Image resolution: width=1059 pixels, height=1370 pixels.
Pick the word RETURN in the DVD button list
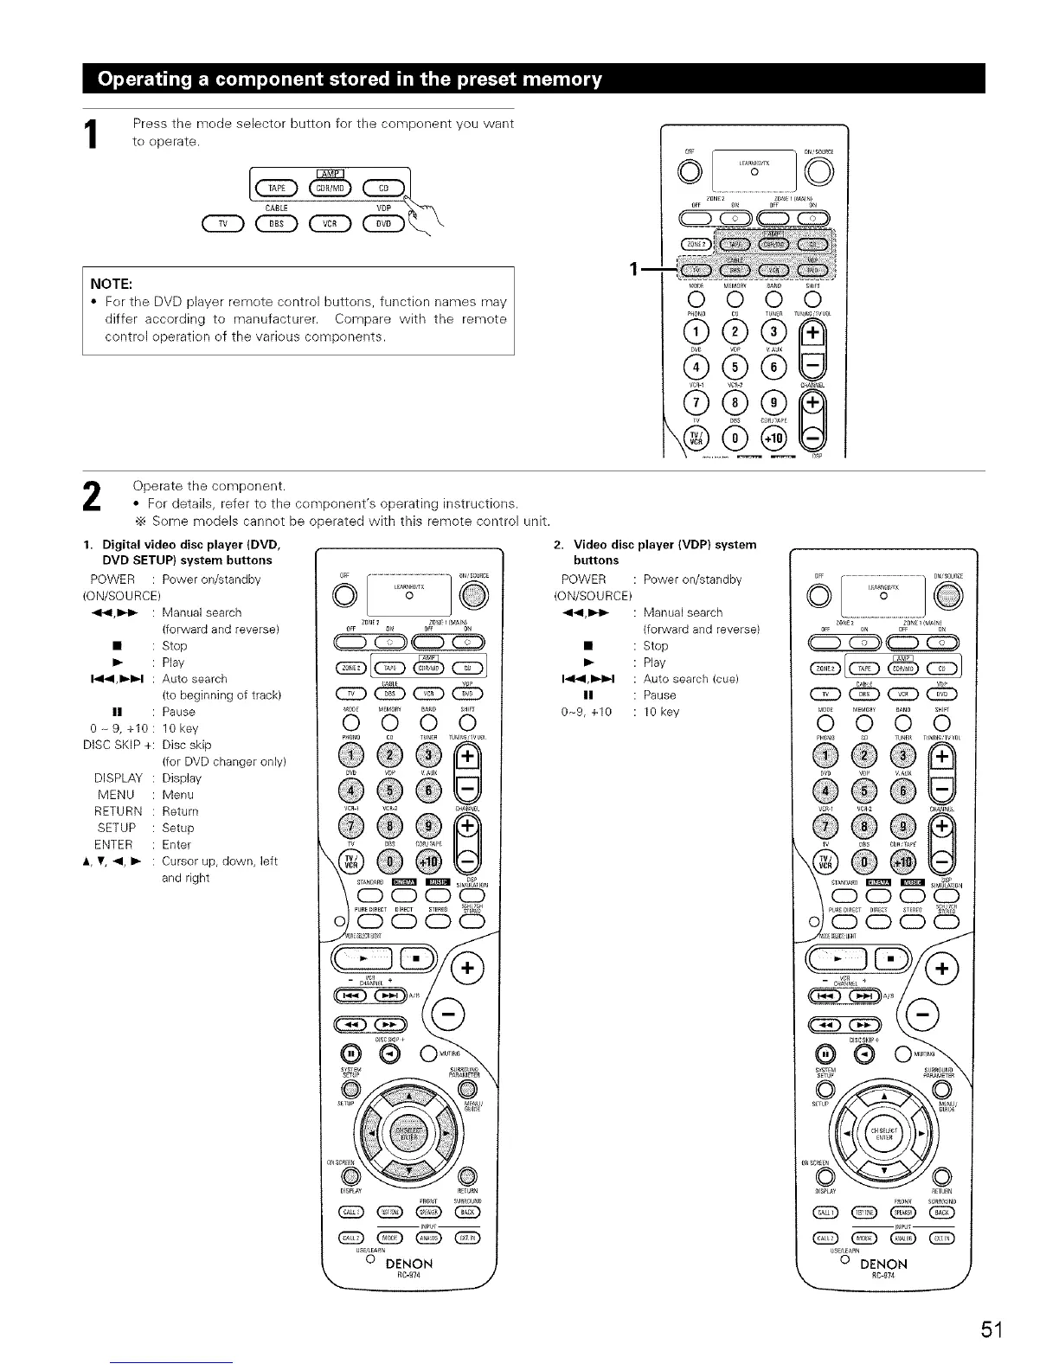[x=118, y=811]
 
